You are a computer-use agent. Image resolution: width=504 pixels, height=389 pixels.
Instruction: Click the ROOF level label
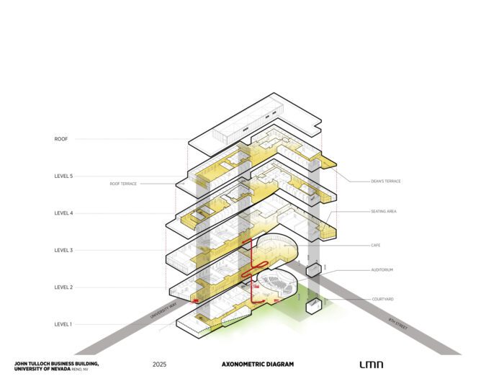tap(61, 139)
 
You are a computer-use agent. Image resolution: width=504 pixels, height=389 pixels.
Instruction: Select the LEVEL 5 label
tap(63, 176)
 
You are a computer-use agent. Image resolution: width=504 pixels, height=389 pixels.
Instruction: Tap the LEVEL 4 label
tap(63, 213)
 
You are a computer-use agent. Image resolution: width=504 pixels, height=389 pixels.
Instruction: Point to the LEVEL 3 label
tap(63, 250)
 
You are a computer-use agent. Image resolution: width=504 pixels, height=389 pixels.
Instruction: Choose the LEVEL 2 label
tap(63, 287)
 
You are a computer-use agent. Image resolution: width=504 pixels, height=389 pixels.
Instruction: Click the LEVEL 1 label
tap(63, 324)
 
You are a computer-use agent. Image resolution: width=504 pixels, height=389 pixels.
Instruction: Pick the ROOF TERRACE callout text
tap(123, 184)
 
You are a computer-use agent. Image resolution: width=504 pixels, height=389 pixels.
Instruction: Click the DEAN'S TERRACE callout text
tap(386, 181)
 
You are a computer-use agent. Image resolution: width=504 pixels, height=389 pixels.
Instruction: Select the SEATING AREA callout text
tap(384, 211)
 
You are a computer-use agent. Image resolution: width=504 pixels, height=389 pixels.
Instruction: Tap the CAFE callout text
tap(376, 246)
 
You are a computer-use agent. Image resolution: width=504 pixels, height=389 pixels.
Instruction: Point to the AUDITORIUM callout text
tap(382, 270)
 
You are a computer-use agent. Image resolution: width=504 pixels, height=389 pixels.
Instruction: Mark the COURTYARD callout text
tap(382, 298)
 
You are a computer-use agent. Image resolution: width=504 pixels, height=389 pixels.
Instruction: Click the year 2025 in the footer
tap(160, 365)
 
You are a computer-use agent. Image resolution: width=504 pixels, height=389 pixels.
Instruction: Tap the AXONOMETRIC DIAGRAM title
tap(258, 365)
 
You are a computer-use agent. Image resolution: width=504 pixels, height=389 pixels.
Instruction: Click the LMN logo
tap(372, 365)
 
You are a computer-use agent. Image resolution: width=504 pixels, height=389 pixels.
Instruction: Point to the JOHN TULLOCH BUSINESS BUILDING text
tap(56, 363)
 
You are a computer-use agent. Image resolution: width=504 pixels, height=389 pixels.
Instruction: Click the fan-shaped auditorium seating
tap(274, 282)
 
